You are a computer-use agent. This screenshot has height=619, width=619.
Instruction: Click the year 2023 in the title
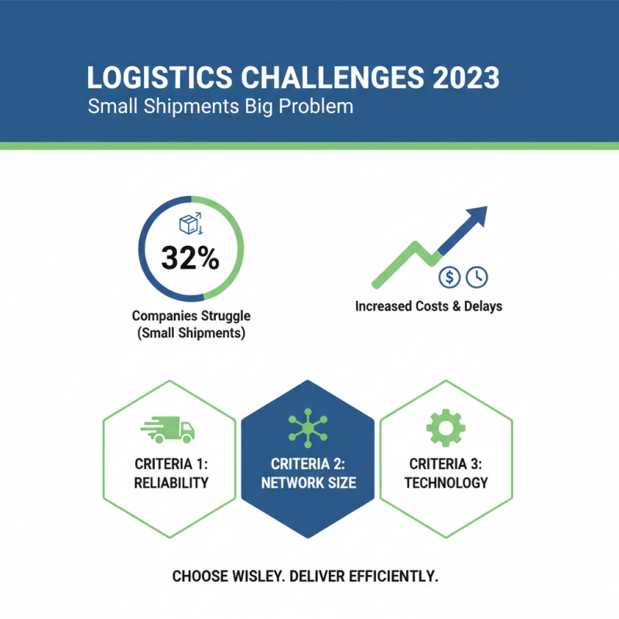point(467,77)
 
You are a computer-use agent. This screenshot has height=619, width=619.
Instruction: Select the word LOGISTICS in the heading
point(160,77)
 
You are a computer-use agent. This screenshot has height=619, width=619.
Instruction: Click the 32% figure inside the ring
point(190,258)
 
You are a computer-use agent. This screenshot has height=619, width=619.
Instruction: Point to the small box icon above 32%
point(191,224)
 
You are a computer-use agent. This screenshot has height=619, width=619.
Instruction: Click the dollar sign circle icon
point(450,277)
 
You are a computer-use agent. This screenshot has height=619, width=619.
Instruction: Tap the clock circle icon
point(477,277)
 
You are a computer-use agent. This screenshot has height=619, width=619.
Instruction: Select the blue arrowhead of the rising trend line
point(476,217)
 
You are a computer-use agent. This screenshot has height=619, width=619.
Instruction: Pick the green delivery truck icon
point(168,429)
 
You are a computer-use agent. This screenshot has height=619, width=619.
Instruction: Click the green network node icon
point(308,429)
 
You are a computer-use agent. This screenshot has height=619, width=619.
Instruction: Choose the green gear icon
point(446,428)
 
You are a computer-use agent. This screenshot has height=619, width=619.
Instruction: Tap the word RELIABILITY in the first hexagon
point(171,483)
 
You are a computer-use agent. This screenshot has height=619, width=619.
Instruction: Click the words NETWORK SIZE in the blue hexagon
point(309,483)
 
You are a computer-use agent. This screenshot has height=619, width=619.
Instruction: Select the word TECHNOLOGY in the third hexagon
point(446,483)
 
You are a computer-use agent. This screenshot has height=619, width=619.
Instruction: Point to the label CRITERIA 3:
point(446,463)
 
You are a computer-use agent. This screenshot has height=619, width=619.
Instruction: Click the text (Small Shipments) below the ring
point(191,333)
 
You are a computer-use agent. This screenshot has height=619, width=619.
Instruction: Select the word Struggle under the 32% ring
point(226,316)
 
